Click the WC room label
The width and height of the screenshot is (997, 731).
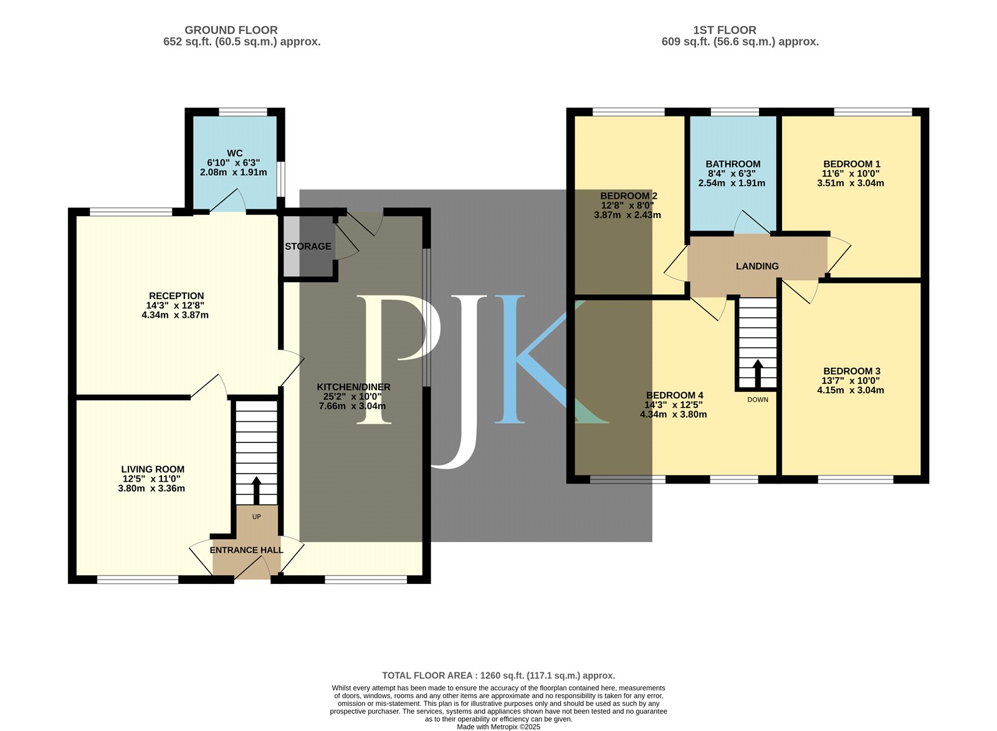[234, 153]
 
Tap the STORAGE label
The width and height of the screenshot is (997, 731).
[308, 246]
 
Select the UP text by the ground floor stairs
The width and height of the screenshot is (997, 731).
[256, 517]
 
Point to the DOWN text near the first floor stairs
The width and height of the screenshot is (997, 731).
[758, 400]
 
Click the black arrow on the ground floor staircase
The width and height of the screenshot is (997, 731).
[256, 490]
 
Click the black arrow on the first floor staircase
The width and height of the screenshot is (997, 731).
[758, 373]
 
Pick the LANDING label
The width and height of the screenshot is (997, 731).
[757, 266]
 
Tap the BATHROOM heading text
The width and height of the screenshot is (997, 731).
[733, 164]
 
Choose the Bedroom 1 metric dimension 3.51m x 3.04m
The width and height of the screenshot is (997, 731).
[851, 183]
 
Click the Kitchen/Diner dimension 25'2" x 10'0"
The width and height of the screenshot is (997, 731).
[353, 397]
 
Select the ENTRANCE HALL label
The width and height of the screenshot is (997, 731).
[247, 550]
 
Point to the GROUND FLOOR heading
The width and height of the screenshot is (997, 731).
[231, 31]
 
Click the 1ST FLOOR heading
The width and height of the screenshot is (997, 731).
[725, 31]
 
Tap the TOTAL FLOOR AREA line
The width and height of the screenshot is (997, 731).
[499, 676]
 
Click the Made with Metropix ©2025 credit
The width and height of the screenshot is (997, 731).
[499, 727]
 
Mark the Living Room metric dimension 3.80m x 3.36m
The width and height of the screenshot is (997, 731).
[151, 489]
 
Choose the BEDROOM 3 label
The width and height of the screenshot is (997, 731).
[852, 371]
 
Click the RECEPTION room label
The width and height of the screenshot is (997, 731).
[176, 296]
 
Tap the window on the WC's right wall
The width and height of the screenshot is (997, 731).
[281, 179]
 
